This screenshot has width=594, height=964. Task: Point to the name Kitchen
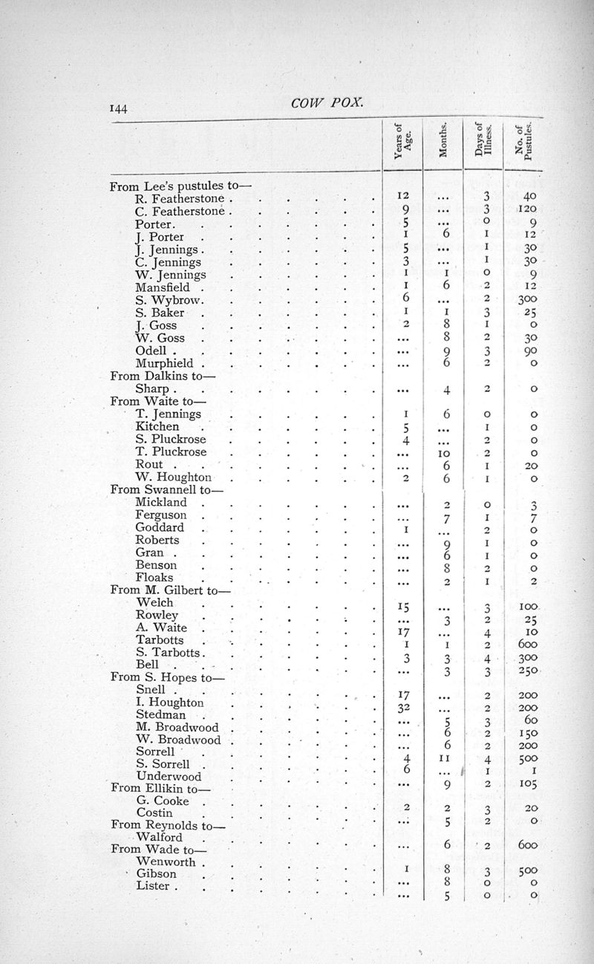coord(157,426)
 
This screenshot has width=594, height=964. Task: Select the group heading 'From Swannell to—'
coord(166,489)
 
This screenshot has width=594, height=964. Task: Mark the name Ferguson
coord(160,515)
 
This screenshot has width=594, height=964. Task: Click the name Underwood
coord(169,776)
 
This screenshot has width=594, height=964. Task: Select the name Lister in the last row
coord(153,886)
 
